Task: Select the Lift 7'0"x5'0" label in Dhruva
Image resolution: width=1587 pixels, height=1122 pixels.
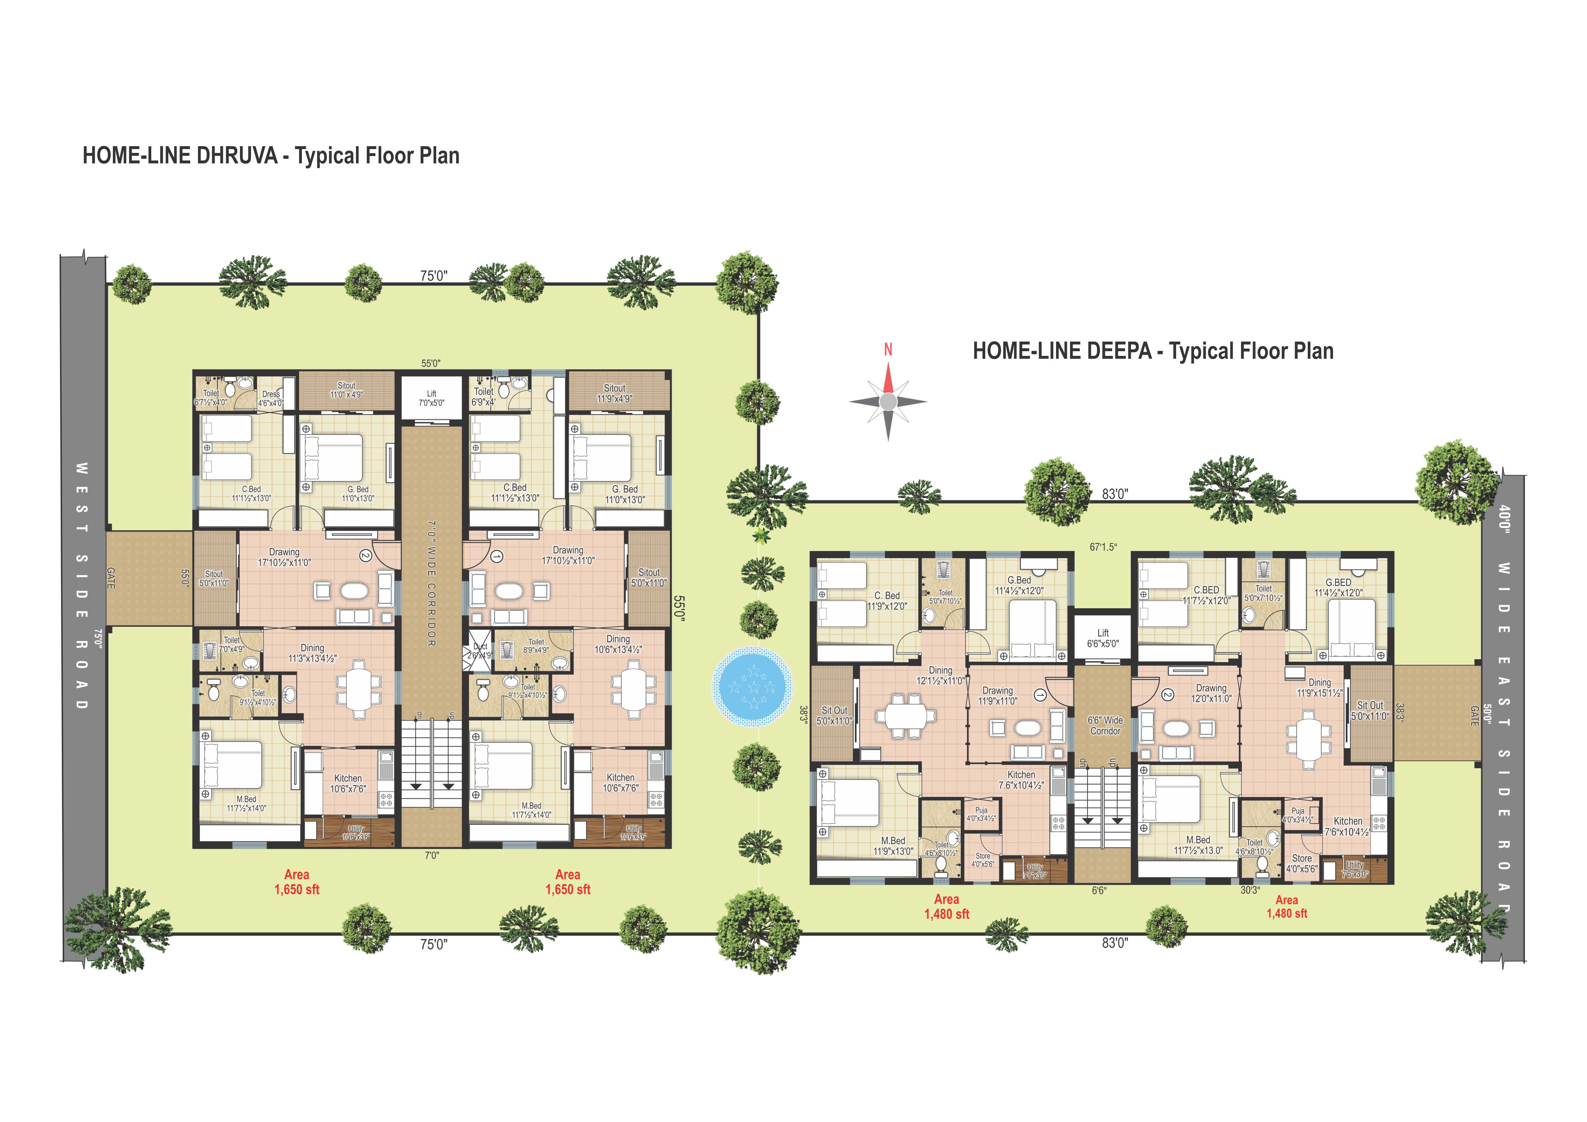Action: tap(431, 398)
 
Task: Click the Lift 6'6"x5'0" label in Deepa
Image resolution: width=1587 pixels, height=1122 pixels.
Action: tap(1102, 638)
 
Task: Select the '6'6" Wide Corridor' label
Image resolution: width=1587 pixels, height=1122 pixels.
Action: tap(1105, 725)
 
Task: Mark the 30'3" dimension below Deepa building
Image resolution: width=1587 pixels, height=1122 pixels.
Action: tap(1250, 890)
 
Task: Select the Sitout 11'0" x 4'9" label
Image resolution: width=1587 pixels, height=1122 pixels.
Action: tap(346, 390)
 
